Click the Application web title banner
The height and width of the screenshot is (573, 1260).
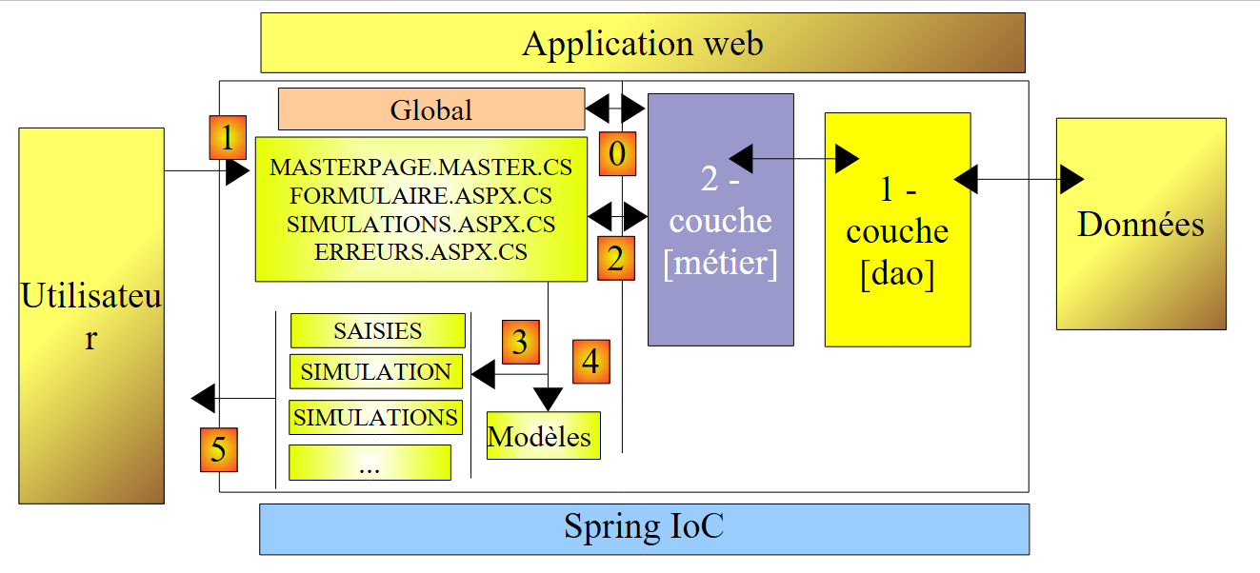click(x=643, y=43)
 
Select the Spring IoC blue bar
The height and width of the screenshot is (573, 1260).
click(x=644, y=528)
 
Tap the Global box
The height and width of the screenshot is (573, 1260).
click(x=430, y=109)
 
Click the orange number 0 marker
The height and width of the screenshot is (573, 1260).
click(x=617, y=153)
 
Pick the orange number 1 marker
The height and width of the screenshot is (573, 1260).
click(x=227, y=138)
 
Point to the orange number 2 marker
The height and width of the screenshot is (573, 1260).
click(x=616, y=258)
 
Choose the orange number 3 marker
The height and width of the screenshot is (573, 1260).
click(x=519, y=342)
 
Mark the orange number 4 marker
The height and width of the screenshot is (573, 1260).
click(x=590, y=361)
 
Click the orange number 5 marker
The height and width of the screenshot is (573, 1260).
click(x=218, y=449)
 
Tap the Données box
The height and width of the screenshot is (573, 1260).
click(x=1140, y=225)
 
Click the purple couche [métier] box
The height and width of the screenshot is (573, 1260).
click(x=721, y=220)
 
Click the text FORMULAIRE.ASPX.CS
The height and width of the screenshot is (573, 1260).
click(x=421, y=196)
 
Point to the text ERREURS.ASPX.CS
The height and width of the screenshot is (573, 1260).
click(x=421, y=253)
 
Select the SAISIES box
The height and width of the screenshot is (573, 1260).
click(x=377, y=330)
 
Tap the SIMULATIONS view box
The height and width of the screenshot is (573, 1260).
click(x=375, y=417)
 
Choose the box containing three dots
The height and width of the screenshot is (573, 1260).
click(x=370, y=463)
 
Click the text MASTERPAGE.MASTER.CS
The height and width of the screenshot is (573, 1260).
click(x=421, y=168)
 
